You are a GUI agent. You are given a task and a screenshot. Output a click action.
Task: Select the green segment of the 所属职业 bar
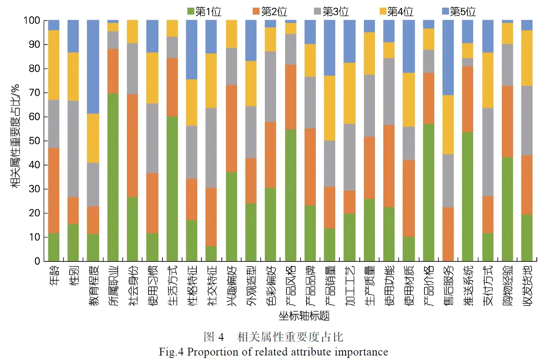[113, 177]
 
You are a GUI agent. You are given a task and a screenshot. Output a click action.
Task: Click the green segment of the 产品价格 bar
[429, 192]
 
